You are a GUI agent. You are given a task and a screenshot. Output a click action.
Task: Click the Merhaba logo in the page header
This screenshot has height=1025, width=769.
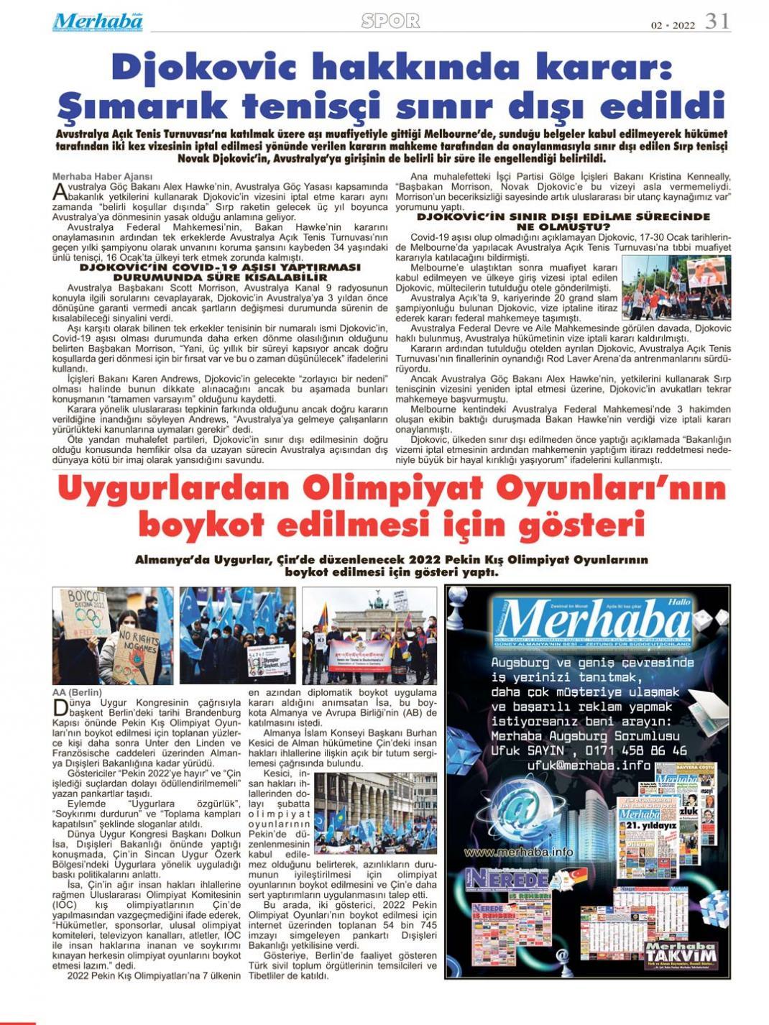coord(97,22)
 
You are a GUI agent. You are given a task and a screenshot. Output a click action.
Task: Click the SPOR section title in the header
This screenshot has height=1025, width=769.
coord(390,22)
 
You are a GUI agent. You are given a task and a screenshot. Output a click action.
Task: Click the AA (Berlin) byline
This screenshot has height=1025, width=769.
coord(77,693)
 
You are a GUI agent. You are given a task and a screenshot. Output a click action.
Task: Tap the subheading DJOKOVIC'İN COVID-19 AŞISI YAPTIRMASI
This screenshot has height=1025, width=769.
coord(220,267)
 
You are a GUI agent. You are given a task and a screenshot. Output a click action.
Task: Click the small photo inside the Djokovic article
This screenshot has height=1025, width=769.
coord(676,288)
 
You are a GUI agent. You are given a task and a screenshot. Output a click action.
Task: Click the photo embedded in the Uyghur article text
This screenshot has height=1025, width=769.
coord(375,812)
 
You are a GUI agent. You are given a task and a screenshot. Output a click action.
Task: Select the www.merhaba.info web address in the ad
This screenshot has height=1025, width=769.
coord(518,852)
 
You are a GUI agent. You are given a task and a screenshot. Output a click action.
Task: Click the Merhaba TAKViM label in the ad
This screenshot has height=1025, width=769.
coord(679,955)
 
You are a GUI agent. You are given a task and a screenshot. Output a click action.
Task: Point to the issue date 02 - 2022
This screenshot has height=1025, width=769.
coord(673,25)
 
